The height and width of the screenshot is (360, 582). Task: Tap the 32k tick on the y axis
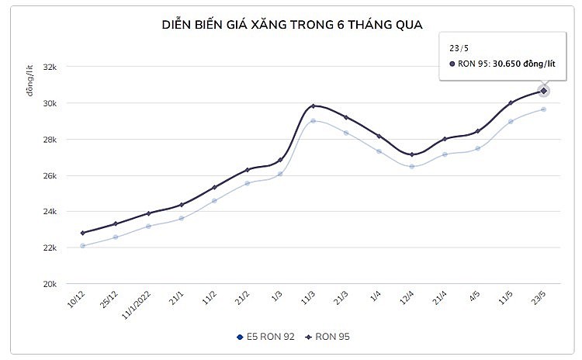coord(49,67)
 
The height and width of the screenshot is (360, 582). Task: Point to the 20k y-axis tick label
coord(49,284)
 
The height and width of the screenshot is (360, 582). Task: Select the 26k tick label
coord(49,175)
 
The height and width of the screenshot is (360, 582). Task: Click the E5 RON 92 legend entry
coord(263,337)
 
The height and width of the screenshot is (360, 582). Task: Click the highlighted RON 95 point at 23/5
coord(544,91)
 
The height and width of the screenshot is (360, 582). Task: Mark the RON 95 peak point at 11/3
coord(313,106)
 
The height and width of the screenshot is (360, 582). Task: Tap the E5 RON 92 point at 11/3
coord(313,120)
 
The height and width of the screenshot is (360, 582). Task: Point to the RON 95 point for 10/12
coord(83,233)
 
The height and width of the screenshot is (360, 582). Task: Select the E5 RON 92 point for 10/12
coord(83,245)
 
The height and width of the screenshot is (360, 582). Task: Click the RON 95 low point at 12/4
coord(412,154)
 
